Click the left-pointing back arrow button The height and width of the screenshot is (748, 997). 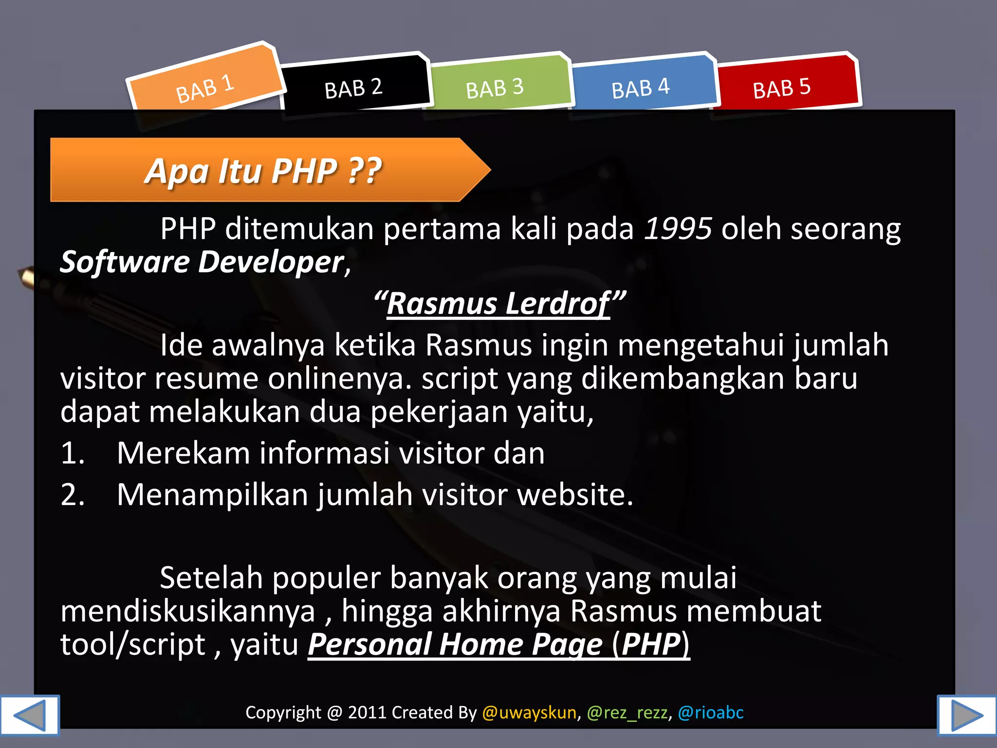30,715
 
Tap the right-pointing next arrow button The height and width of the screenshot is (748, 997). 966,715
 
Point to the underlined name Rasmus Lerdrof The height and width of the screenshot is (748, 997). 498,303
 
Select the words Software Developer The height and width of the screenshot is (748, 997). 202,262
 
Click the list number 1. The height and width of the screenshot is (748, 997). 72,453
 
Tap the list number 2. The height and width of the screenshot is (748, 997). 72,494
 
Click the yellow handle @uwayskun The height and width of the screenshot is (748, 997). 529,712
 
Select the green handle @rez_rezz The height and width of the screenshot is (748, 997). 627,712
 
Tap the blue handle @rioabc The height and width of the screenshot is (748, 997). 711,712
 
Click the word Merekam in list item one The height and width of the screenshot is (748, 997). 184,453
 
